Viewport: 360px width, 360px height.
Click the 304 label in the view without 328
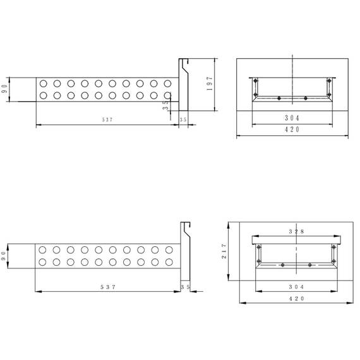click(292, 118)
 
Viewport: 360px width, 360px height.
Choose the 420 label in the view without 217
click(292, 129)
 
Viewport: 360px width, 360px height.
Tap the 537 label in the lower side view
click(108, 287)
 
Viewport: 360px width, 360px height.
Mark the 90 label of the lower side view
click(5, 257)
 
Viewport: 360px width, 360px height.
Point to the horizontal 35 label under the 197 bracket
click(183, 119)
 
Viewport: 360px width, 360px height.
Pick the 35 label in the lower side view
click(185, 287)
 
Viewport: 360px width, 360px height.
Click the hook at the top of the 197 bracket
click(183, 61)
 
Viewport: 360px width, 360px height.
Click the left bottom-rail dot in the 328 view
click(282, 264)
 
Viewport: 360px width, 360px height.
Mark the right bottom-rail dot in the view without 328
click(306, 98)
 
